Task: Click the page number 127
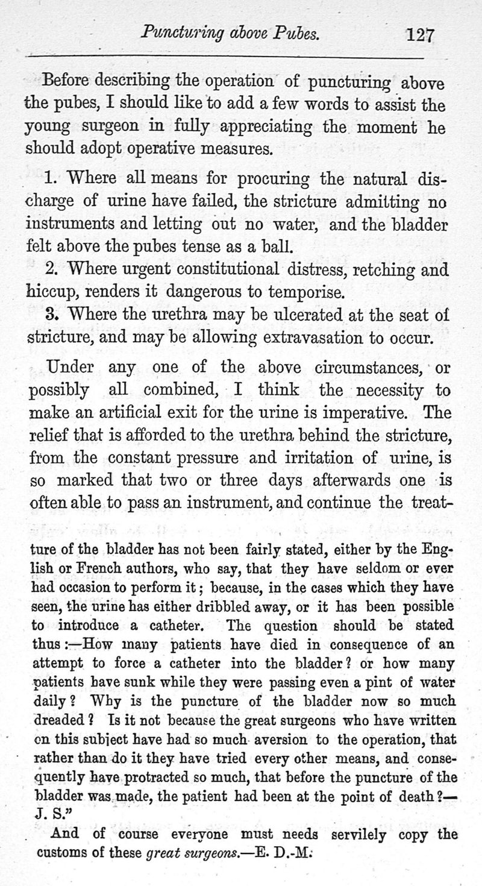click(420, 34)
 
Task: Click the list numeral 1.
click(51, 178)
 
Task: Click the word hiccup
click(50, 292)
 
